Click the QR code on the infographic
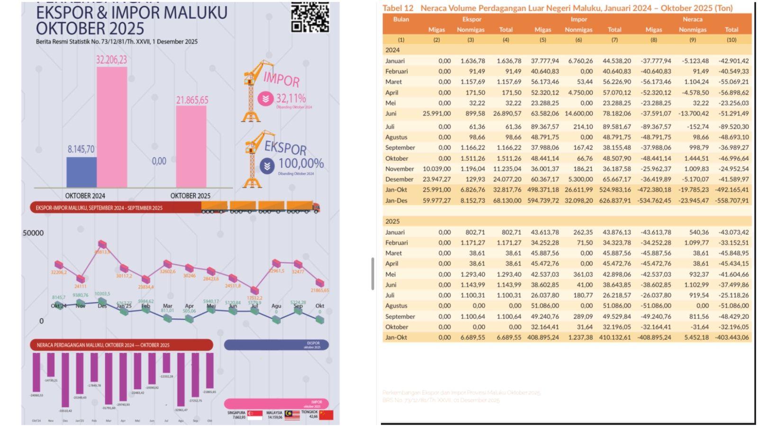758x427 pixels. pyautogui.click(x=310, y=18)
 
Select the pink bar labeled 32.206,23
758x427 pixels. pyautogui.click(x=112, y=127)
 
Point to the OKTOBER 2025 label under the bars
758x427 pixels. pyautogui.click(x=190, y=195)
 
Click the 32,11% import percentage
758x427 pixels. pyautogui.click(x=290, y=98)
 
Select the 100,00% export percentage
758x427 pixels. pyautogui.click(x=300, y=163)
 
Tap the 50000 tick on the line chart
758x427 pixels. pyautogui.click(x=33, y=233)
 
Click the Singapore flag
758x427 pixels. pyautogui.click(x=255, y=415)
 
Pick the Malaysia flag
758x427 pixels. pyautogui.click(x=292, y=415)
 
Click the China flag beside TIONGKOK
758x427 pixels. pyautogui.click(x=326, y=415)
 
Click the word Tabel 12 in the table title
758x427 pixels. pyautogui.click(x=397, y=8)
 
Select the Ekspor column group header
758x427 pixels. pyautogui.click(x=471, y=19)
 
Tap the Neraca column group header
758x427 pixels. pyautogui.click(x=692, y=19)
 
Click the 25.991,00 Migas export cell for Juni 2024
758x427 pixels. pyautogui.click(x=436, y=114)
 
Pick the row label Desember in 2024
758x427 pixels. pyautogui.click(x=399, y=179)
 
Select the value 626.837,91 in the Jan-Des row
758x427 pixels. pyautogui.click(x=614, y=200)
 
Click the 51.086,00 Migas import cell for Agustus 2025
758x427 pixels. pyautogui.click(x=542, y=306)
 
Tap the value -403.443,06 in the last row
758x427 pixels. pyautogui.click(x=731, y=337)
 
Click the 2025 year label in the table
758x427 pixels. pyautogui.click(x=392, y=222)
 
